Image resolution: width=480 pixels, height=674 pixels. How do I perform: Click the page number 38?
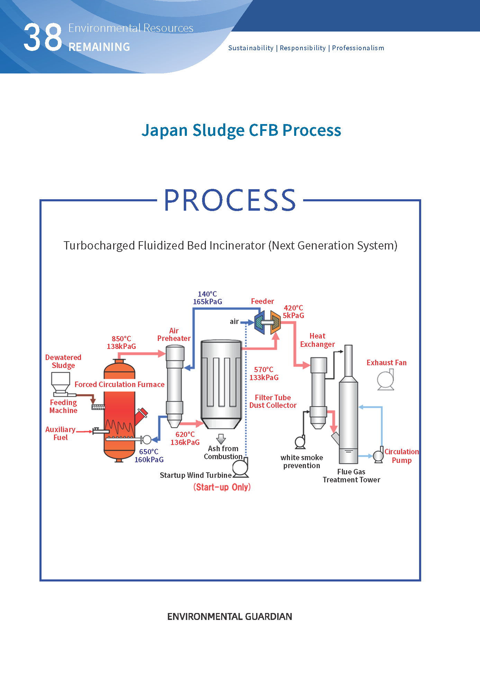(x=43, y=37)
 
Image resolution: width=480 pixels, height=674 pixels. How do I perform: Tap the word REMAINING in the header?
(x=99, y=47)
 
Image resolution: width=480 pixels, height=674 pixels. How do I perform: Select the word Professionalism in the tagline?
(x=358, y=48)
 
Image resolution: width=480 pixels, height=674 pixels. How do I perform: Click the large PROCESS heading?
(x=230, y=200)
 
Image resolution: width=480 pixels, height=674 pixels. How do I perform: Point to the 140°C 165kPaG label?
(x=207, y=298)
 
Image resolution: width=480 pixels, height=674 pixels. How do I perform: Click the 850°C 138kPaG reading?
(x=121, y=342)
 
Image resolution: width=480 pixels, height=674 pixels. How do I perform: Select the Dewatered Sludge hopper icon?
(x=61, y=383)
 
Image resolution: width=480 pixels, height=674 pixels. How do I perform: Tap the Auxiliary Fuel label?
(x=61, y=433)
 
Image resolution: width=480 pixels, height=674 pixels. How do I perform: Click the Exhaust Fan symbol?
(x=386, y=380)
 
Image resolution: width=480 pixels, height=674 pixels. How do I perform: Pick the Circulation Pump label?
(x=401, y=456)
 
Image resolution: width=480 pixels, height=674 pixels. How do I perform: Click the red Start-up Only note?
(x=222, y=487)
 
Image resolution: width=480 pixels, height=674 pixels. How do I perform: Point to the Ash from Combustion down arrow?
(x=221, y=439)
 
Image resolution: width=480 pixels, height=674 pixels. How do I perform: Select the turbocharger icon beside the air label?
(x=268, y=323)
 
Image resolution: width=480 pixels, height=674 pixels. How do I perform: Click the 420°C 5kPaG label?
(x=293, y=312)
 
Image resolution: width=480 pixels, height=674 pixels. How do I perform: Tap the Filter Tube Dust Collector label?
(x=273, y=401)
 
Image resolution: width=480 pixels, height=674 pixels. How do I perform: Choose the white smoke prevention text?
(x=302, y=462)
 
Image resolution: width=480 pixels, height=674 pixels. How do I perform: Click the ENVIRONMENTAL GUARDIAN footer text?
(x=229, y=616)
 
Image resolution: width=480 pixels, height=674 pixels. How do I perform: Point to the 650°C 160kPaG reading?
(x=149, y=455)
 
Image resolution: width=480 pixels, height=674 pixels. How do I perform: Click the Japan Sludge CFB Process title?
(x=241, y=130)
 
